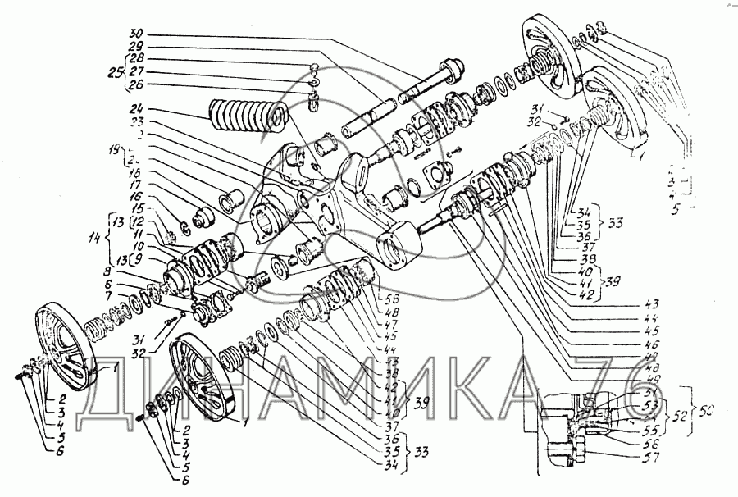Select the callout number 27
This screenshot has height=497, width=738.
137,72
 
